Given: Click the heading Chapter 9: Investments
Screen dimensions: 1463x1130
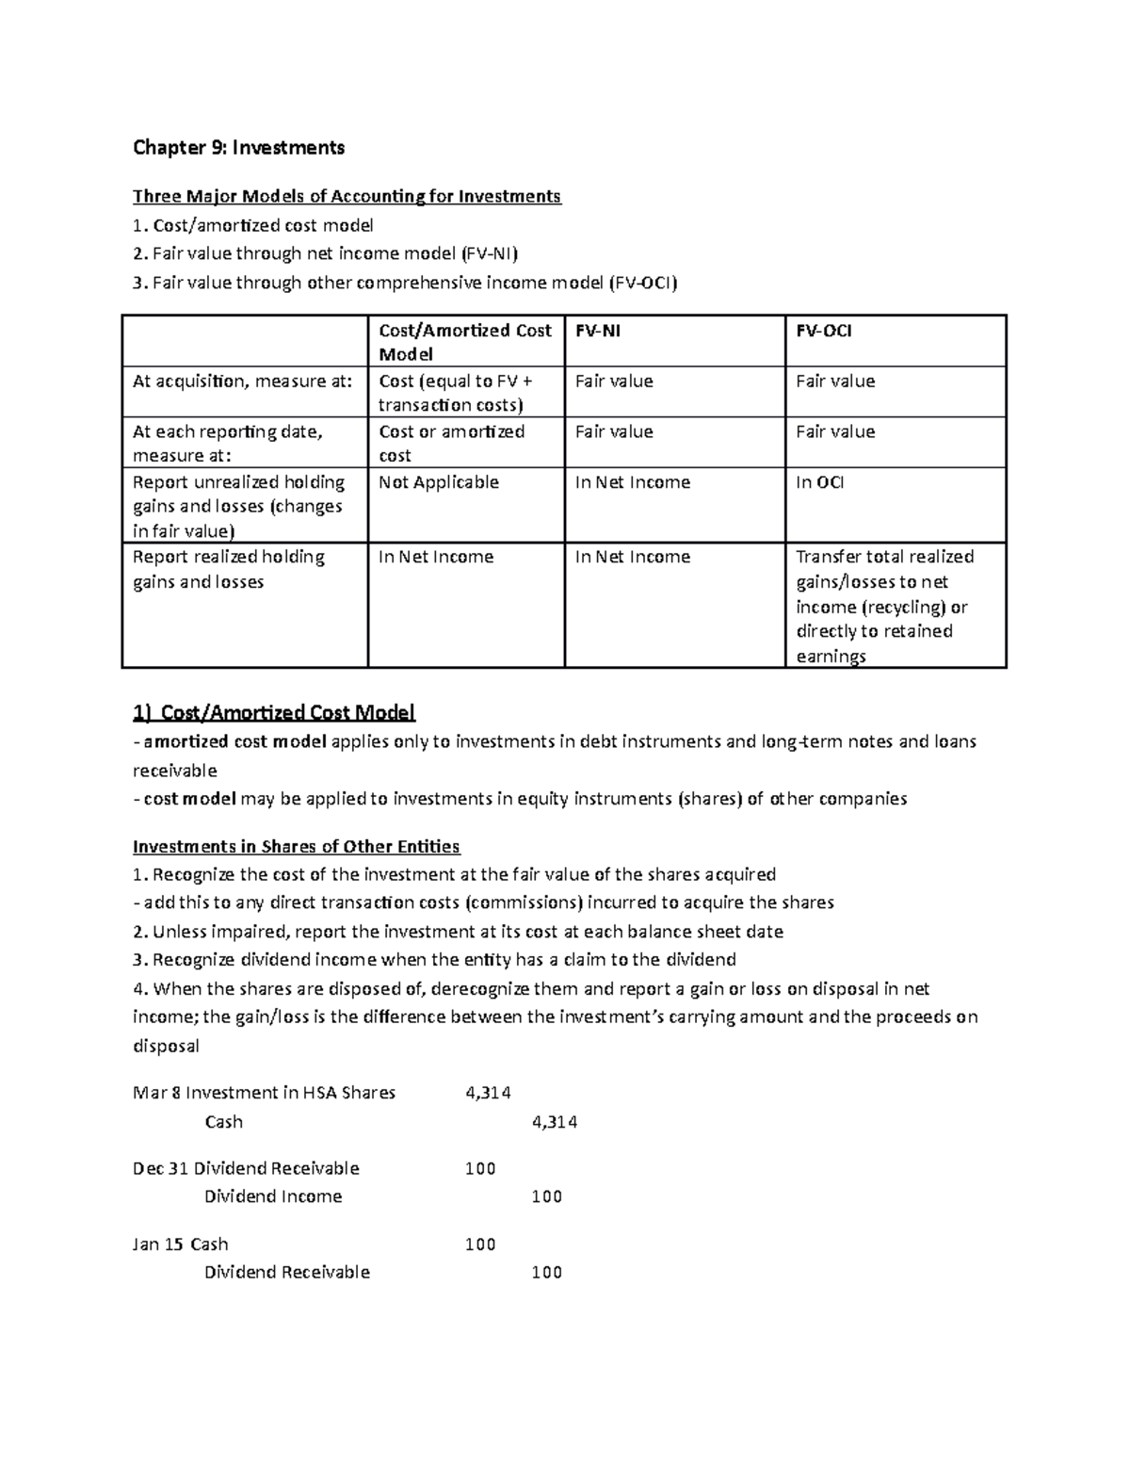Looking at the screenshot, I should click(x=238, y=147).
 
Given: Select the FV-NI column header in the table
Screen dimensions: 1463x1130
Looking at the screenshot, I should click(x=598, y=331).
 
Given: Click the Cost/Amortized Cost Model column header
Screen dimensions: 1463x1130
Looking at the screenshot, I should click(x=464, y=342).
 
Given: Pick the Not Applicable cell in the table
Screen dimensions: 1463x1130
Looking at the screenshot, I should click(x=438, y=482).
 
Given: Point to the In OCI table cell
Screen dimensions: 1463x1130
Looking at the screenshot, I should click(x=819, y=482).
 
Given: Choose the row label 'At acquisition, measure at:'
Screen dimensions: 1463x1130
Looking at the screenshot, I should click(x=243, y=382).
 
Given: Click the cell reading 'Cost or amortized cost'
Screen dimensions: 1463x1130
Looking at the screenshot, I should click(x=451, y=443).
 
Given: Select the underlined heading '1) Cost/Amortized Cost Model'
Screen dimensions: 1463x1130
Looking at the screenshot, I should click(x=274, y=712).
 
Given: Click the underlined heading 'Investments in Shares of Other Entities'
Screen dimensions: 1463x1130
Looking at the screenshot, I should click(x=296, y=846).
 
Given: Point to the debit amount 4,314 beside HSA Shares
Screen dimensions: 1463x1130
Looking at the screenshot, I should click(x=488, y=1093).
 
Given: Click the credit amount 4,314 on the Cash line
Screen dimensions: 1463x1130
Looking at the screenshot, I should click(x=554, y=1122).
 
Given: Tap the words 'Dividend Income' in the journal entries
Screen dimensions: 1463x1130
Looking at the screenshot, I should click(x=273, y=1196).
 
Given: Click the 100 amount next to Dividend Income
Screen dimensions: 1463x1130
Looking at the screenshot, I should click(x=546, y=1196).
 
